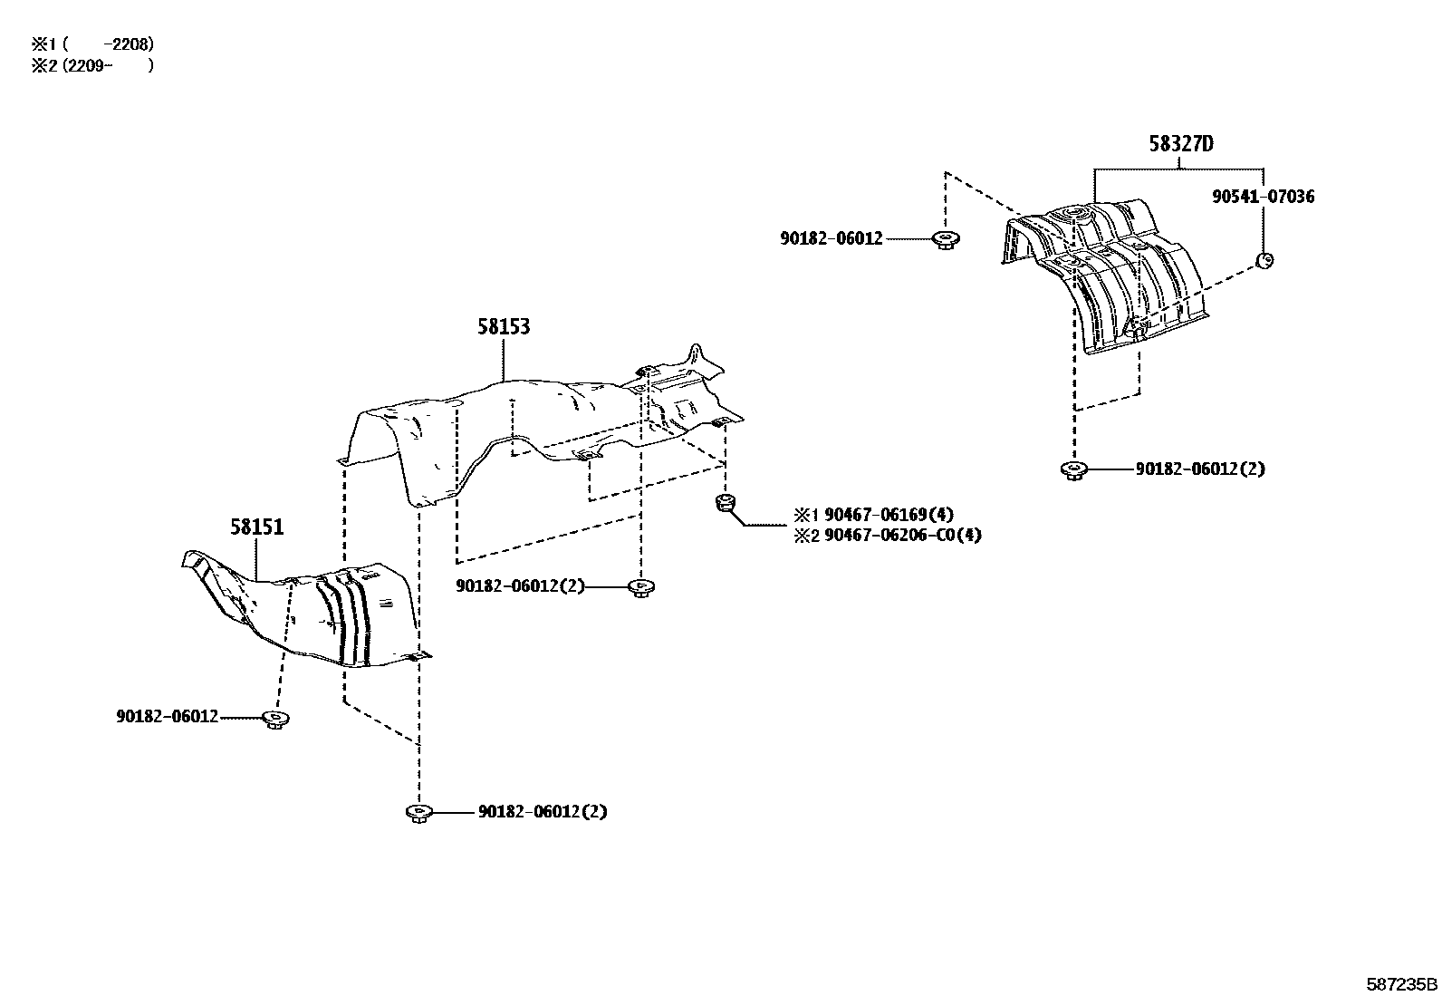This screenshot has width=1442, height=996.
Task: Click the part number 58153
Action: coord(504,326)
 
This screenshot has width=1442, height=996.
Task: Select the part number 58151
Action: coord(257,527)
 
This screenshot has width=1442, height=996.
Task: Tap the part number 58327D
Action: coord(1181,144)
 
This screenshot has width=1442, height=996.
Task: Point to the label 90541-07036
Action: coord(1263,197)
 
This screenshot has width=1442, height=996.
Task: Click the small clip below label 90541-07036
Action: coord(1265,260)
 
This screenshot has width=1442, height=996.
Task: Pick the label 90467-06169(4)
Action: coord(889,515)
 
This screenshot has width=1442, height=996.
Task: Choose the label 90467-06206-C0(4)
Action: coord(903,536)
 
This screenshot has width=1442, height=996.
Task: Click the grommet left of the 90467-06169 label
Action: coord(726,502)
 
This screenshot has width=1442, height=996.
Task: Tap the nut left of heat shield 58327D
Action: coord(946,239)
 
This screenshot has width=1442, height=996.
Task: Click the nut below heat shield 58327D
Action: coord(1073,470)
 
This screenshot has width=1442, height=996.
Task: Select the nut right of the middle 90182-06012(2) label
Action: coord(641,587)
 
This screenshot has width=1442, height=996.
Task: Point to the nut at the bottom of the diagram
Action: coord(419,813)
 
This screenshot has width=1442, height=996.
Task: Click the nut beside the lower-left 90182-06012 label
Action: coord(275,719)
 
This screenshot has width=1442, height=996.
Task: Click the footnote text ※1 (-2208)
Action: coord(92,44)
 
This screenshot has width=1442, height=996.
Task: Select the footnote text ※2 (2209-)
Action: coord(92,66)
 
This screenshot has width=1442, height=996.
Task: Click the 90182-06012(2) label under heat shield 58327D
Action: coord(1200,469)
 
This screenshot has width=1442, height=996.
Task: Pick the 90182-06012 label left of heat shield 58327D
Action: coord(832,238)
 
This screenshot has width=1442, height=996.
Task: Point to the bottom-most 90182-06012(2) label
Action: coord(543,812)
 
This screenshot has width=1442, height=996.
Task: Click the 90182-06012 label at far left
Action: coord(168,716)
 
